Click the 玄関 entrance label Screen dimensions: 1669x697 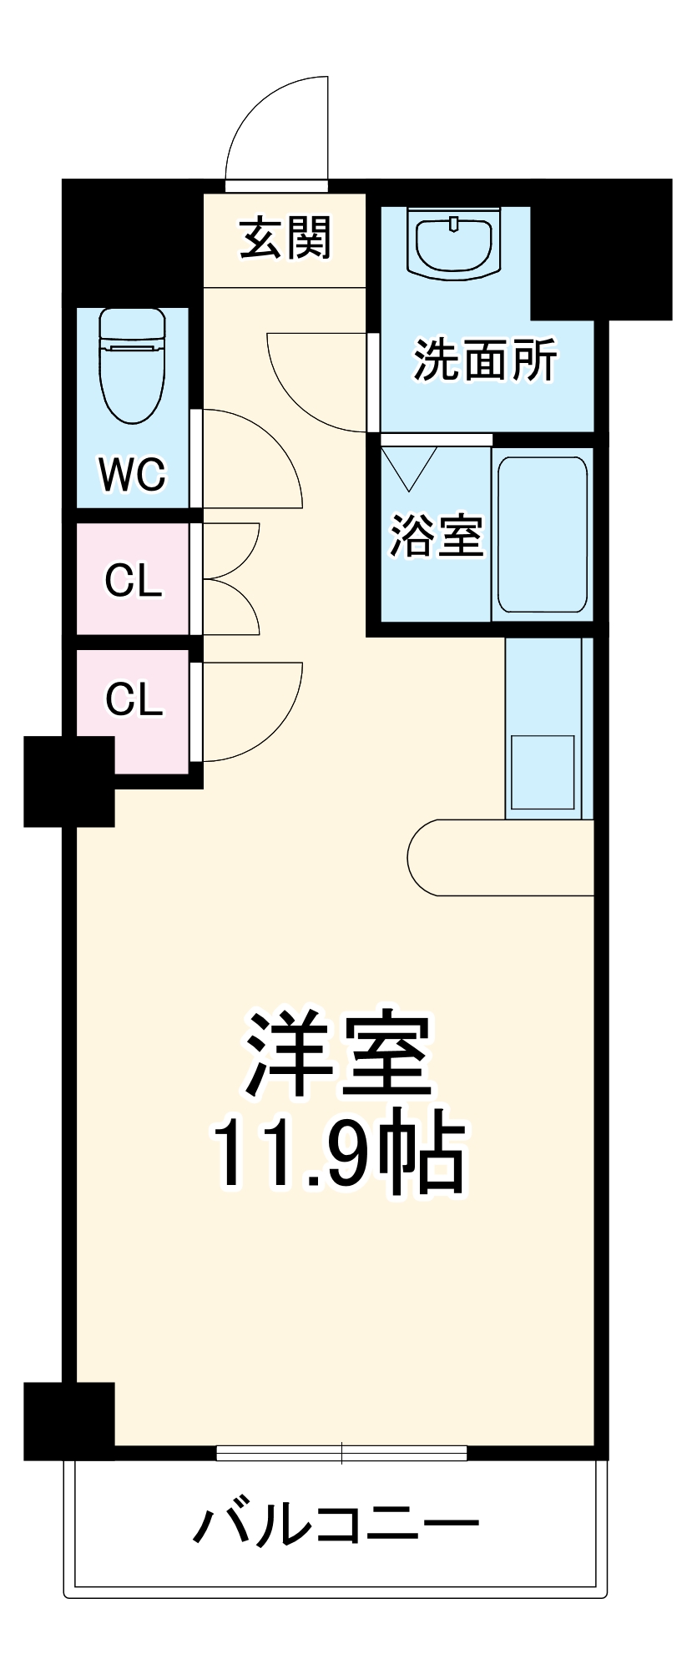tap(285, 238)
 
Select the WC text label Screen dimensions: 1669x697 tap(133, 475)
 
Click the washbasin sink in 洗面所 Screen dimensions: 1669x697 tap(454, 243)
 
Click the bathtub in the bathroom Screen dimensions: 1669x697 tap(543, 534)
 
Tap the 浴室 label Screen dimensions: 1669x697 tap(436, 536)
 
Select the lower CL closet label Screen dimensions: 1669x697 tap(133, 698)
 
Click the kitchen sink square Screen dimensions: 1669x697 tap(543, 772)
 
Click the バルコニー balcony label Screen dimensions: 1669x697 tap(336, 1525)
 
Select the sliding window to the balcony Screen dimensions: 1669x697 tap(341, 1453)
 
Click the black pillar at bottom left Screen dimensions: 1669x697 tap(68, 1421)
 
